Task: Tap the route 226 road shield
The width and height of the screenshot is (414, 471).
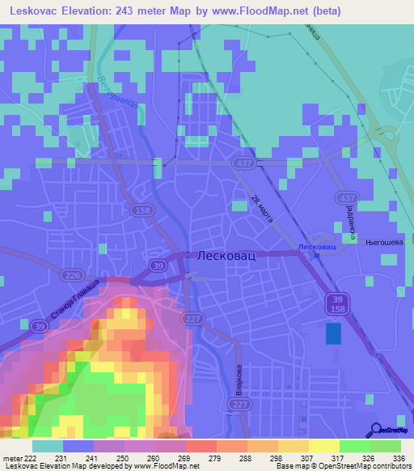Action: point(68,276)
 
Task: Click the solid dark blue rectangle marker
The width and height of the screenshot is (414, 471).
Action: point(333,334)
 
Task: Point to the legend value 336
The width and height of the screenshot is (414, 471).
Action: point(398,457)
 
